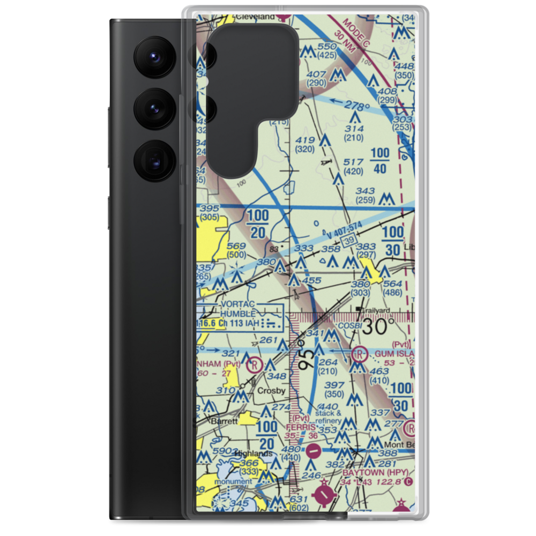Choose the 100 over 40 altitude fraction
click(379, 161)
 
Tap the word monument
click(233, 481)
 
